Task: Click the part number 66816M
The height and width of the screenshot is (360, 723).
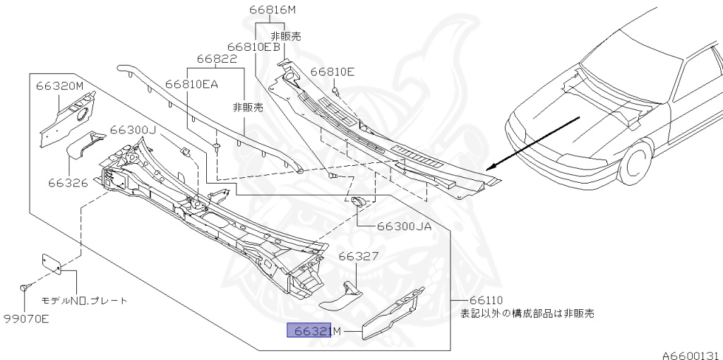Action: click(273, 10)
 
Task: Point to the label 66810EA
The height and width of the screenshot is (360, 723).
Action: click(192, 83)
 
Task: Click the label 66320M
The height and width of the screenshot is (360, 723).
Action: click(60, 86)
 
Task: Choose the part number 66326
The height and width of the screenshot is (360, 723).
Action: click(68, 183)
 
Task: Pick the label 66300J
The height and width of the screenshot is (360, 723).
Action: click(133, 131)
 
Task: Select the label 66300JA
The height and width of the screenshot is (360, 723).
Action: click(404, 227)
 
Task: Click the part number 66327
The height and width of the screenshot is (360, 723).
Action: click(359, 257)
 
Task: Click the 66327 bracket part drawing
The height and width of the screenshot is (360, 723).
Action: click(340, 295)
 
